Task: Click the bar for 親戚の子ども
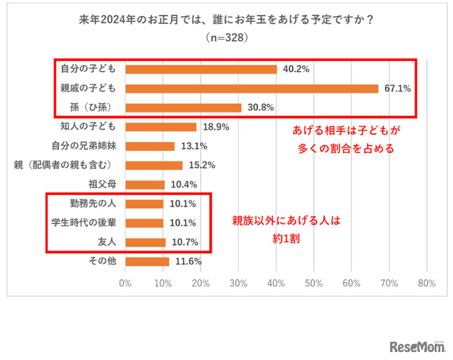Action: point(251,89)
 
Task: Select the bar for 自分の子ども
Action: point(201,69)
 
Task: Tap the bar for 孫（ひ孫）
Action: point(183,107)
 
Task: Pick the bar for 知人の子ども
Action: point(161,127)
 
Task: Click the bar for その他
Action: point(147,262)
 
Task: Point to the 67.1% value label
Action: point(397,89)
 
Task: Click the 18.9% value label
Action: point(215,127)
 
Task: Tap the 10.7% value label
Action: point(184,242)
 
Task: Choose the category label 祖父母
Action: point(103,185)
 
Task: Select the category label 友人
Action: point(107,242)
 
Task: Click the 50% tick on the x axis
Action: point(314,283)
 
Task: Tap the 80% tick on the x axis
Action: point(427,283)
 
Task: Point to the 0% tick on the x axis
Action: point(125,283)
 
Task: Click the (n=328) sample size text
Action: point(226,39)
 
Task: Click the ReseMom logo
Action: point(417,346)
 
